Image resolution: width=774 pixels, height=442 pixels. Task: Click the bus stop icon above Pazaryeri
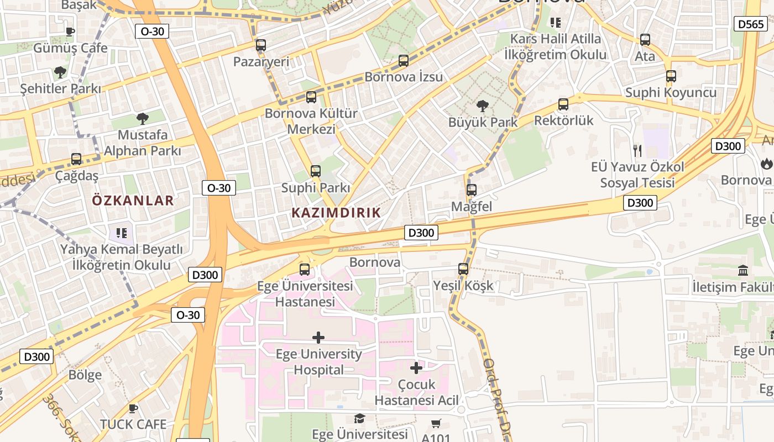point(260,45)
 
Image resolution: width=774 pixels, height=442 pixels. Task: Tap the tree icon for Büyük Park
point(483,106)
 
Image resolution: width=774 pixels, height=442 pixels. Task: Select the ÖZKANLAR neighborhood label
point(133,200)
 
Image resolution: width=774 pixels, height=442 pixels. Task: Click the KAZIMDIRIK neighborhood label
point(336,213)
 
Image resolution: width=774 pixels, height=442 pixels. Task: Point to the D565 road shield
point(751,24)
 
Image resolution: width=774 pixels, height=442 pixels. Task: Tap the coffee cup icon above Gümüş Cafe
point(70,31)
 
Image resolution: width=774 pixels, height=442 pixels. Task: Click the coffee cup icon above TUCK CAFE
point(133,408)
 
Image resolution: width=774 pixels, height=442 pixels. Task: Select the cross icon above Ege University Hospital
point(318,337)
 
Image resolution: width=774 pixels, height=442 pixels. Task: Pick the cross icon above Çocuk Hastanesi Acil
point(416,367)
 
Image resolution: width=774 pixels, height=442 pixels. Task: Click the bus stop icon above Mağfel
point(472,190)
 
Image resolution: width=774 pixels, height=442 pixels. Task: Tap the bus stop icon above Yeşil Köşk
point(463,269)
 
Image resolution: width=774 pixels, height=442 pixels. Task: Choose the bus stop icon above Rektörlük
point(563,104)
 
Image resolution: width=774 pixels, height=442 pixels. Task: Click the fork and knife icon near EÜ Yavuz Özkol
point(637,150)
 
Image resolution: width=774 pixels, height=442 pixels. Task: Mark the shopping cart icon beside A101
point(436,424)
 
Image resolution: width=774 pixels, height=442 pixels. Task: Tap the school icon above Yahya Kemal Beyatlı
point(122,233)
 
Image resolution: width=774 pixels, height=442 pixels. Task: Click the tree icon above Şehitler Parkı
point(60,72)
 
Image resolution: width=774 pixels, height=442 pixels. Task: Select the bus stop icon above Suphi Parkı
point(316,171)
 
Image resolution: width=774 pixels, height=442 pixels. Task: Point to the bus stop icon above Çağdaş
point(76,159)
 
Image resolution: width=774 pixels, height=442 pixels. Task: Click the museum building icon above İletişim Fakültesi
point(743,271)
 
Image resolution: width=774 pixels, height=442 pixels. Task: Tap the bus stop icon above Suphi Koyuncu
point(671,76)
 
